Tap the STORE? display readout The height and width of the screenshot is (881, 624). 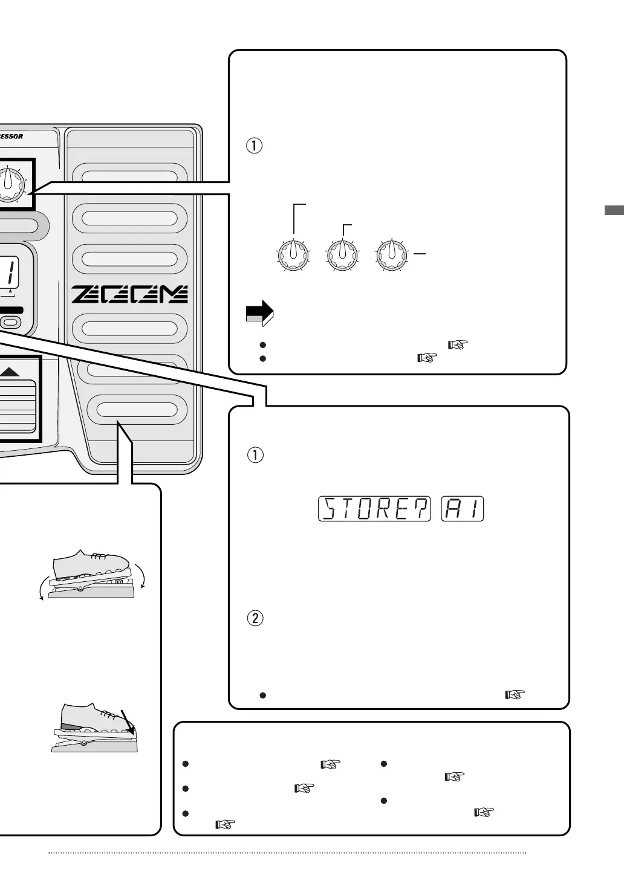[374, 509]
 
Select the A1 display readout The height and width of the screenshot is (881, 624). [463, 509]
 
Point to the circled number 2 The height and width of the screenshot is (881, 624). [256, 619]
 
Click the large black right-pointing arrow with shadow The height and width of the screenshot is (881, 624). [259, 312]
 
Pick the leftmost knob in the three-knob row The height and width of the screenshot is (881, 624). [293, 256]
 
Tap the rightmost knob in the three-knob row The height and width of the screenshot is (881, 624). [391, 256]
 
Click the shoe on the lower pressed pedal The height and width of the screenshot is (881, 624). [97, 718]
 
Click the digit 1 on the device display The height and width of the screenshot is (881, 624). [11, 271]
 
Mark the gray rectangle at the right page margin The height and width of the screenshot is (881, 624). [614, 211]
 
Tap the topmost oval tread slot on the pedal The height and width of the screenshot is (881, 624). [130, 176]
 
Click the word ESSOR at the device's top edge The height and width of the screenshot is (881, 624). [11, 137]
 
